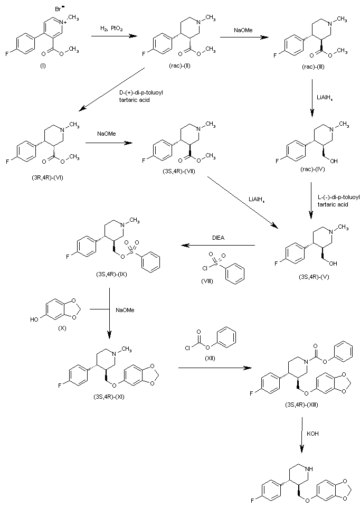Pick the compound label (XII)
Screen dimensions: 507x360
(x=207, y=359)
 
